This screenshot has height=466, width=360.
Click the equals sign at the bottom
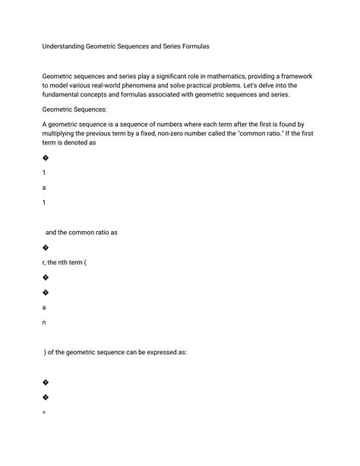click(x=45, y=412)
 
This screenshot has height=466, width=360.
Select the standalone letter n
click(x=45, y=322)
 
